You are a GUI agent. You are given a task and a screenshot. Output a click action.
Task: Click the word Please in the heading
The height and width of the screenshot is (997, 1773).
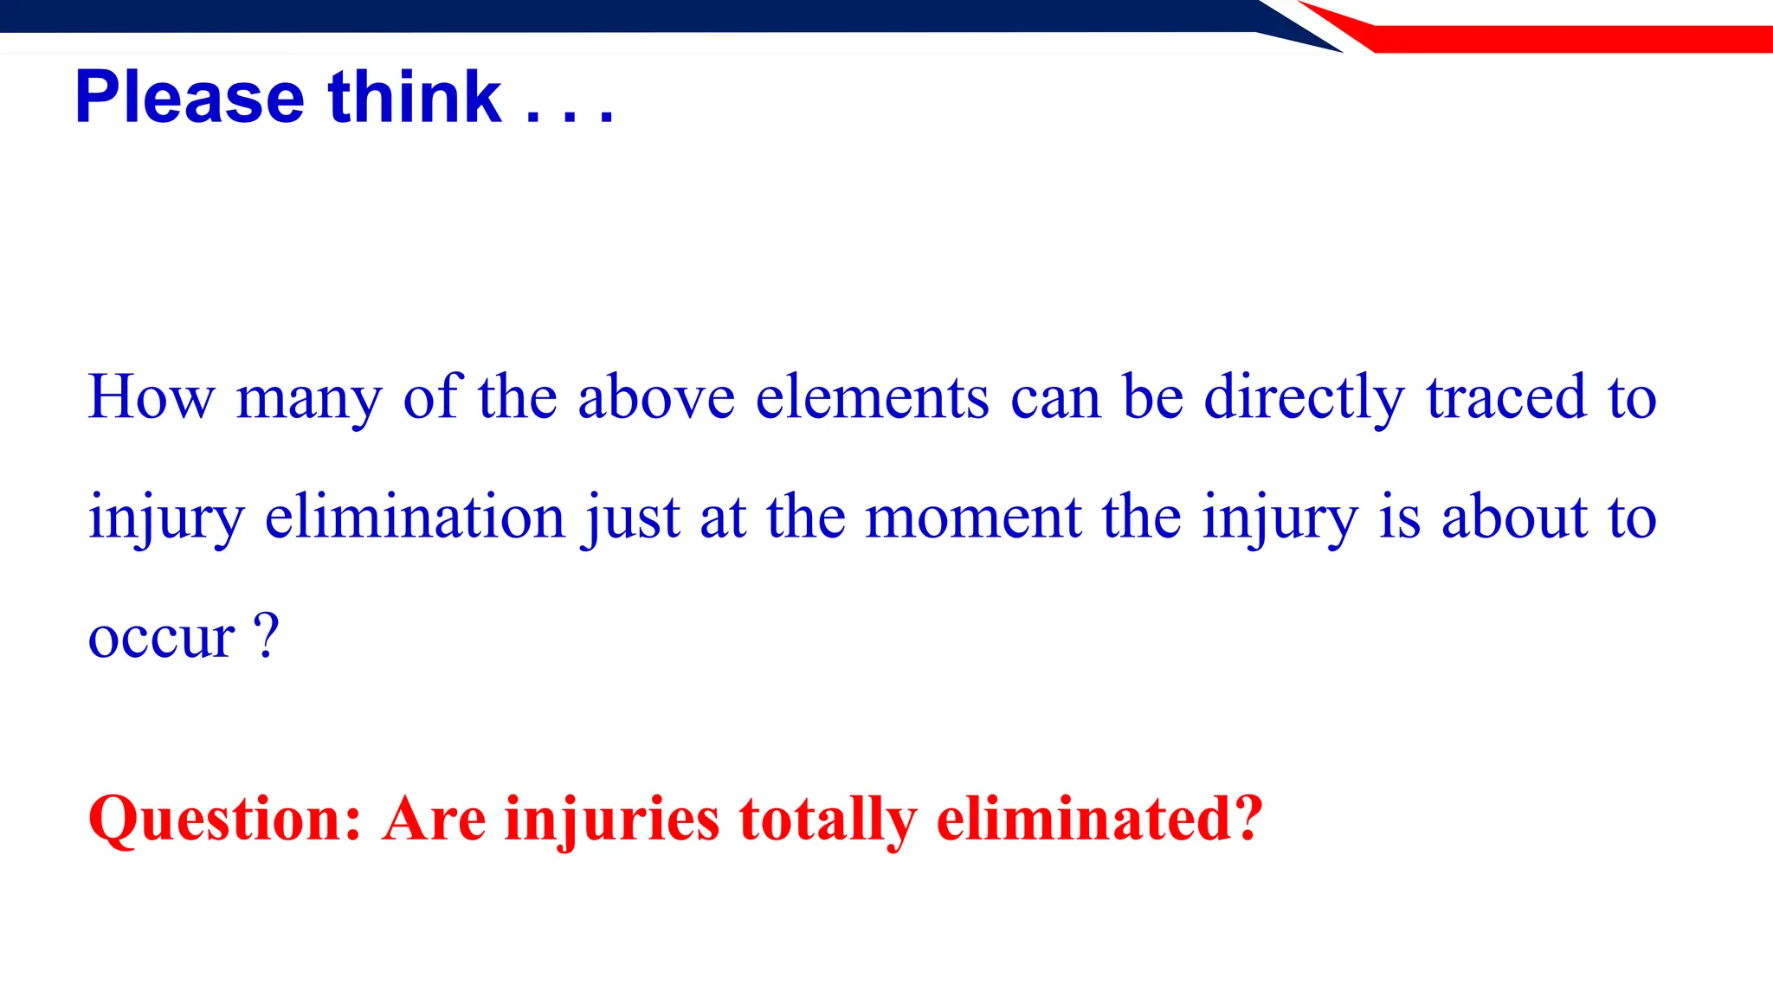[190, 97]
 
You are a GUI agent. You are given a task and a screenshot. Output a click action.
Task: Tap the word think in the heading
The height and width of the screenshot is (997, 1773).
[415, 97]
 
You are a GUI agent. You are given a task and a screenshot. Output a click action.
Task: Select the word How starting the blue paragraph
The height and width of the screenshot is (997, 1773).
[151, 397]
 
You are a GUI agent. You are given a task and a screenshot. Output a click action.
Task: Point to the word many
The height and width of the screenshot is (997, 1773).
[308, 400]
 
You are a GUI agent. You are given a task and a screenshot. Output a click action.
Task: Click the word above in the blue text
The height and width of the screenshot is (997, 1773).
[656, 397]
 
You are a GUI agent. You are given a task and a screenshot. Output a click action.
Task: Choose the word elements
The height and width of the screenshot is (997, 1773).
[872, 397]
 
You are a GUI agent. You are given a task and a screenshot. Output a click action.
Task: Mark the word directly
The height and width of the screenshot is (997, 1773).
[1305, 400]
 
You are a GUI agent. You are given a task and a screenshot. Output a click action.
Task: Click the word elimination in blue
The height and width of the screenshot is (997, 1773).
[415, 517]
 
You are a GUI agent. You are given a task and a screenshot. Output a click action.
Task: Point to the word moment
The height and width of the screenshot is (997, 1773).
[973, 517]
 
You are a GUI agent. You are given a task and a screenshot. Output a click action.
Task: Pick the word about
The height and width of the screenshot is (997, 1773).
[1514, 517]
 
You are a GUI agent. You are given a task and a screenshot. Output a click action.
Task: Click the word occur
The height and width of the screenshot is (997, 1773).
[161, 638]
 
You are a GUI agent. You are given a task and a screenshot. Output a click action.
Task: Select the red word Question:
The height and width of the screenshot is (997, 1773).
[224, 820]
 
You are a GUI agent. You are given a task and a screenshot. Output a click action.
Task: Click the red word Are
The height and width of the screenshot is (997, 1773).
[434, 818]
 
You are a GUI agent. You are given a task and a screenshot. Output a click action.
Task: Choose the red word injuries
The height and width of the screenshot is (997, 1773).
[611, 820]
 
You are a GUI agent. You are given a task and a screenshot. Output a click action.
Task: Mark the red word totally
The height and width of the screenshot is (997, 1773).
[828, 820]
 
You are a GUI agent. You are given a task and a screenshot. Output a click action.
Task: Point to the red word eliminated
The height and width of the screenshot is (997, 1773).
[1088, 818]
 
